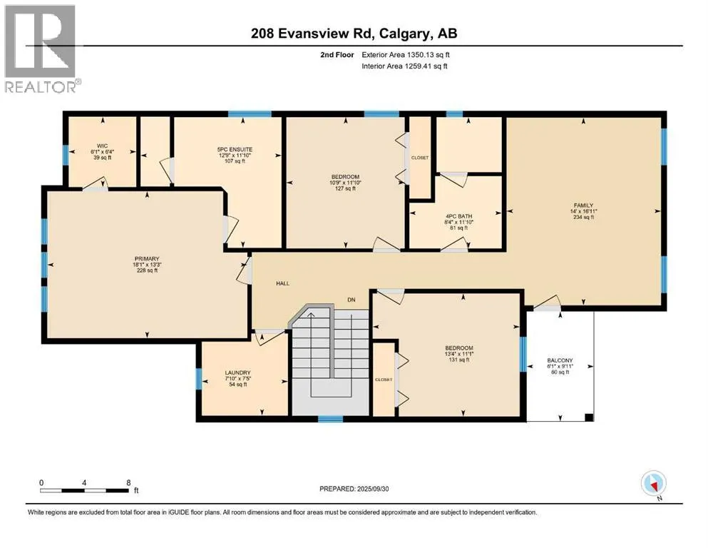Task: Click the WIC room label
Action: tap(103, 146)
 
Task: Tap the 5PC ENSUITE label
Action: tap(235, 150)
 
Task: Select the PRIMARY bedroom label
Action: tap(147, 259)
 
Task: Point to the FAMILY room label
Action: tap(583, 205)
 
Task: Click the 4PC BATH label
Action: tap(458, 216)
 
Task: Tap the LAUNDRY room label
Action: tap(237, 373)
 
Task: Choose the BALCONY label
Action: tap(560, 360)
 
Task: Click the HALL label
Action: tap(282, 283)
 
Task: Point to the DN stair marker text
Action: tap(352, 300)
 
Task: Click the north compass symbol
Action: tap(654, 484)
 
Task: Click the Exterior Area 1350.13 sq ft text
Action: tap(406, 55)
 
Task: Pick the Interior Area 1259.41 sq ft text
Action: tap(404, 66)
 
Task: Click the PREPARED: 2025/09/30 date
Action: tap(354, 489)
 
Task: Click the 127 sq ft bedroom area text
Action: tap(345, 188)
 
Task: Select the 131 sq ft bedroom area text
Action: tap(458, 360)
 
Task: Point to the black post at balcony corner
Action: tap(589, 417)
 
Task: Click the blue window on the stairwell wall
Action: tap(331, 419)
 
